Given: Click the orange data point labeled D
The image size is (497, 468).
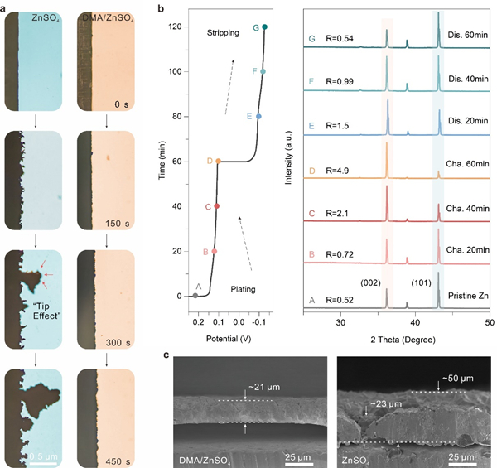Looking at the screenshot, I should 218,161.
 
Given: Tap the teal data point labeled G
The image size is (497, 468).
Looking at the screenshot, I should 264,27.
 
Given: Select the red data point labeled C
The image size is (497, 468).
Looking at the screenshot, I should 217,206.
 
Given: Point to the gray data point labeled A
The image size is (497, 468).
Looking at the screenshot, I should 195,296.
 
